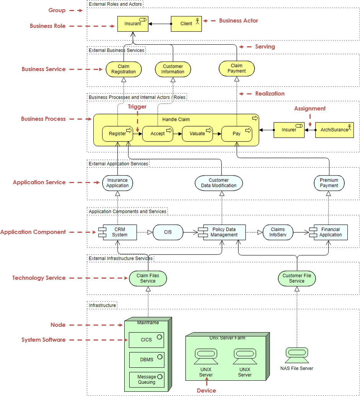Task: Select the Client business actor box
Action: pos(186,24)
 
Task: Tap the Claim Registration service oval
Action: pos(124,69)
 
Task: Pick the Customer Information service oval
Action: pos(173,69)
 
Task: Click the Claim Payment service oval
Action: pos(236,68)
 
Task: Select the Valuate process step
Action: pos(197,134)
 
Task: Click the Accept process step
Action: pos(158,134)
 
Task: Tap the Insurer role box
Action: pos(289,130)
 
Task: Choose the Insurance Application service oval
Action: pos(117,183)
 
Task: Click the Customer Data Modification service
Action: pos(219,183)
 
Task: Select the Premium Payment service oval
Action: pos(329,183)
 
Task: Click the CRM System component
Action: pos(119,232)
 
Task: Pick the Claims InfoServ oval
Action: pos(278,232)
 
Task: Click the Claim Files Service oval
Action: pos(148,278)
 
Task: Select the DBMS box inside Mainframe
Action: pos(147,360)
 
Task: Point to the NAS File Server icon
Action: pos(296,355)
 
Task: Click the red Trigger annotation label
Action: pos(137,107)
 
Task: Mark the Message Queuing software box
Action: pos(147,380)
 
